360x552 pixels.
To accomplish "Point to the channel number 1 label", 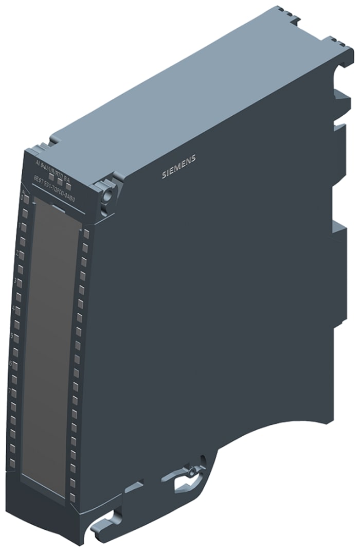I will click(x=19, y=225).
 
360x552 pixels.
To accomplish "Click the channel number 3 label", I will click(x=16, y=281).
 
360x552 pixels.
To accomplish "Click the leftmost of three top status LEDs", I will click(x=51, y=176).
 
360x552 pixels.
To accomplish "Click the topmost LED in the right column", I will click(x=86, y=234).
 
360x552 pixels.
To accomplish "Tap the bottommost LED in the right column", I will click(x=72, y=496).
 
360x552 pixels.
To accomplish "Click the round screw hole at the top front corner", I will click(x=108, y=194).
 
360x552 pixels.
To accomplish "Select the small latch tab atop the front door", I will click(x=59, y=207).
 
